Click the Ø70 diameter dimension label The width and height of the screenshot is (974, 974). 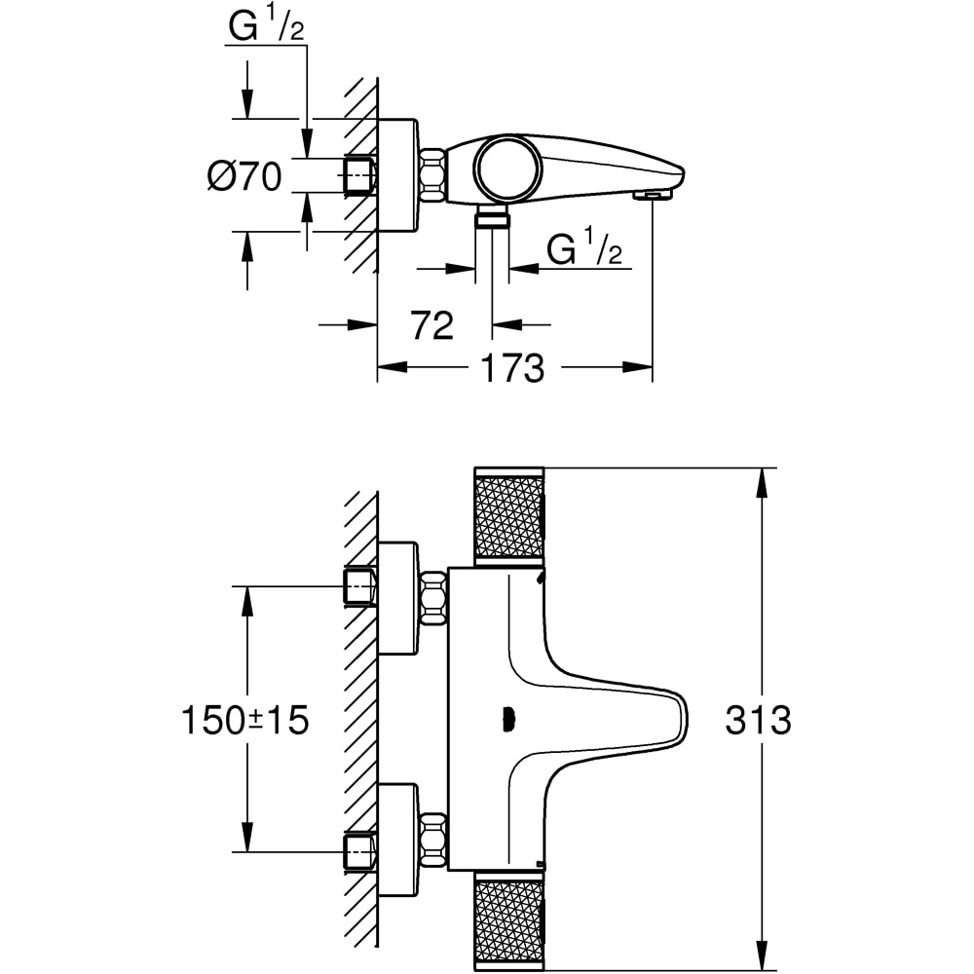pyautogui.click(x=244, y=176)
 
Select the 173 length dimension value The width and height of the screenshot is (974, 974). pyautogui.click(x=510, y=368)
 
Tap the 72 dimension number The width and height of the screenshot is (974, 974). pyautogui.click(x=431, y=325)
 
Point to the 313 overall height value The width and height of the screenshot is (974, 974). pyautogui.click(x=758, y=721)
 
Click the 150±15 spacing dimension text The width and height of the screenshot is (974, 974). pyautogui.click(x=244, y=721)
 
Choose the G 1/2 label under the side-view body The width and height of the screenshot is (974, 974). pyautogui.click(x=584, y=249)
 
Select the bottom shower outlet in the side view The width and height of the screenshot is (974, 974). pyautogui.click(x=493, y=217)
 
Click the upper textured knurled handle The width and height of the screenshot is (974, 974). pyautogui.click(x=508, y=516)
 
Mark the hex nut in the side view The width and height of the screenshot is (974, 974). pyautogui.click(x=432, y=175)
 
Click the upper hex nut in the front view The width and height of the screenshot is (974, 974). pyautogui.click(x=432, y=597)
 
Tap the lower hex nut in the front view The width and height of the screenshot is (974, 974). pyautogui.click(x=432, y=840)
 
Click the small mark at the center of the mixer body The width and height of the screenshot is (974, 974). pyautogui.click(x=506, y=721)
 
